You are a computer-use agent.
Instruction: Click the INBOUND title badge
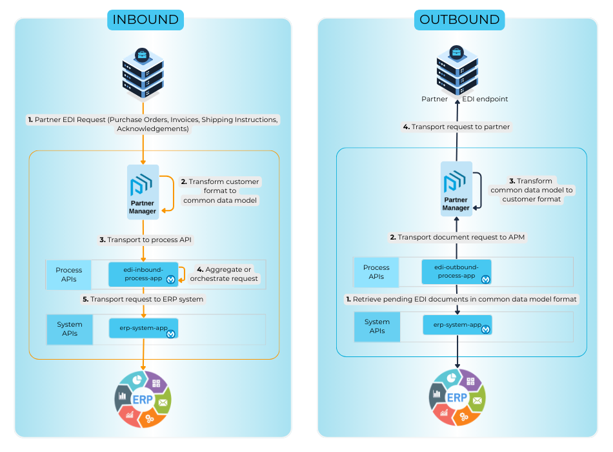[x=146, y=19]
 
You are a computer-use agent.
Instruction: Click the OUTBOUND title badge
[x=459, y=19]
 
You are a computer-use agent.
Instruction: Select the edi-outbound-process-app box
[x=456, y=272]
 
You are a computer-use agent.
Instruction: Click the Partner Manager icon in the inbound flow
[x=143, y=192]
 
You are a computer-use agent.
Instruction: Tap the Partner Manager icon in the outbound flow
[x=456, y=189]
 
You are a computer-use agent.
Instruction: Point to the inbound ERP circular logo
[x=143, y=400]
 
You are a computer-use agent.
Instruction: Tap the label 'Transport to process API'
[x=145, y=240]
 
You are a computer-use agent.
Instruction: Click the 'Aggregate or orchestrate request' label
[x=224, y=274]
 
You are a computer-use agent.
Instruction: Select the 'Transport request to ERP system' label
[x=143, y=299]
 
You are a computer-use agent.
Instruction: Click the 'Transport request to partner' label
[x=456, y=127]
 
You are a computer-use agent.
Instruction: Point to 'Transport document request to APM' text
[x=457, y=237]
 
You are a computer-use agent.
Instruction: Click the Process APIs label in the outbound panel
[x=376, y=272]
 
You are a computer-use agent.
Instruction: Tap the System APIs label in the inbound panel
[x=70, y=329]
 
